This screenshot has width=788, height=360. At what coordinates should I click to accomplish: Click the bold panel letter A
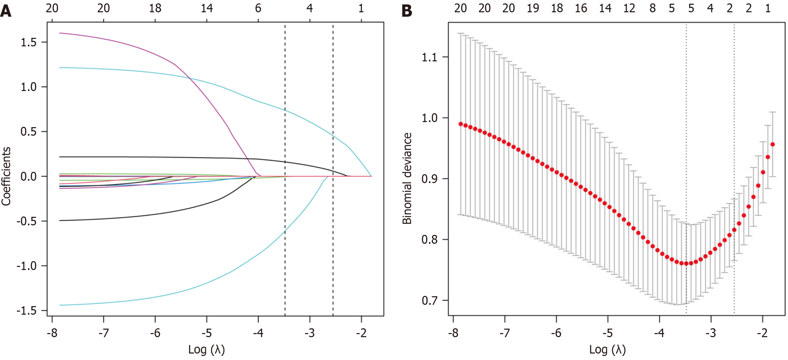(6, 11)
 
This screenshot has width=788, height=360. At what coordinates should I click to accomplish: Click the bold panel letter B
(407, 11)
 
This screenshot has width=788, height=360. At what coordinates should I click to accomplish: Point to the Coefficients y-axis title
(6, 176)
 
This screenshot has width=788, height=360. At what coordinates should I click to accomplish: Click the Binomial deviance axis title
(407, 178)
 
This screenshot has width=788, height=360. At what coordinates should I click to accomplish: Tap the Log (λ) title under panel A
(206, 350)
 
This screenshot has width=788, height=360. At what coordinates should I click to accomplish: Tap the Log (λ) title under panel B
(607, 350)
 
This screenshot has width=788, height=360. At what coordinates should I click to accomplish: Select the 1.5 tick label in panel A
(29, 42)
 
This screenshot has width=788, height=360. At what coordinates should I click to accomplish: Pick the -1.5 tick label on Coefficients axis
(27, 311)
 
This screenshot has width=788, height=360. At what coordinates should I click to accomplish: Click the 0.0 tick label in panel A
(29, 177)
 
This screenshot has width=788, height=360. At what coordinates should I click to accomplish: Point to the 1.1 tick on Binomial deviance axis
(430, 57)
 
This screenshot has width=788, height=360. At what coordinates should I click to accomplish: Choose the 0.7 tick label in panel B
(430, 301)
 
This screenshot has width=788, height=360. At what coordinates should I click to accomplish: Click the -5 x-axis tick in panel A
(206, 332)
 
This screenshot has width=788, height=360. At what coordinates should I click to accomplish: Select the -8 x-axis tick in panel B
(453, 332)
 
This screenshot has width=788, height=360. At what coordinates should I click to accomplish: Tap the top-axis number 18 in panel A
(155, 8)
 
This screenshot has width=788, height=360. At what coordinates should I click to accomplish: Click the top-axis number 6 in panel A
(258, 8)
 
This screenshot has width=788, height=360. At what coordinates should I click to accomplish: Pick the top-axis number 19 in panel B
(533, 8)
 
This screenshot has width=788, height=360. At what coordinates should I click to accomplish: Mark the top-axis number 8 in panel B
(653, 8)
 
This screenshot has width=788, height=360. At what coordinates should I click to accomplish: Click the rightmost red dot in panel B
(773, 145)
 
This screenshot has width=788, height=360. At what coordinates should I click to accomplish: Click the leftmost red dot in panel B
(461, 124)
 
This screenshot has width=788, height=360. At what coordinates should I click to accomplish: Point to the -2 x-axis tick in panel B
(762, 332)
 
